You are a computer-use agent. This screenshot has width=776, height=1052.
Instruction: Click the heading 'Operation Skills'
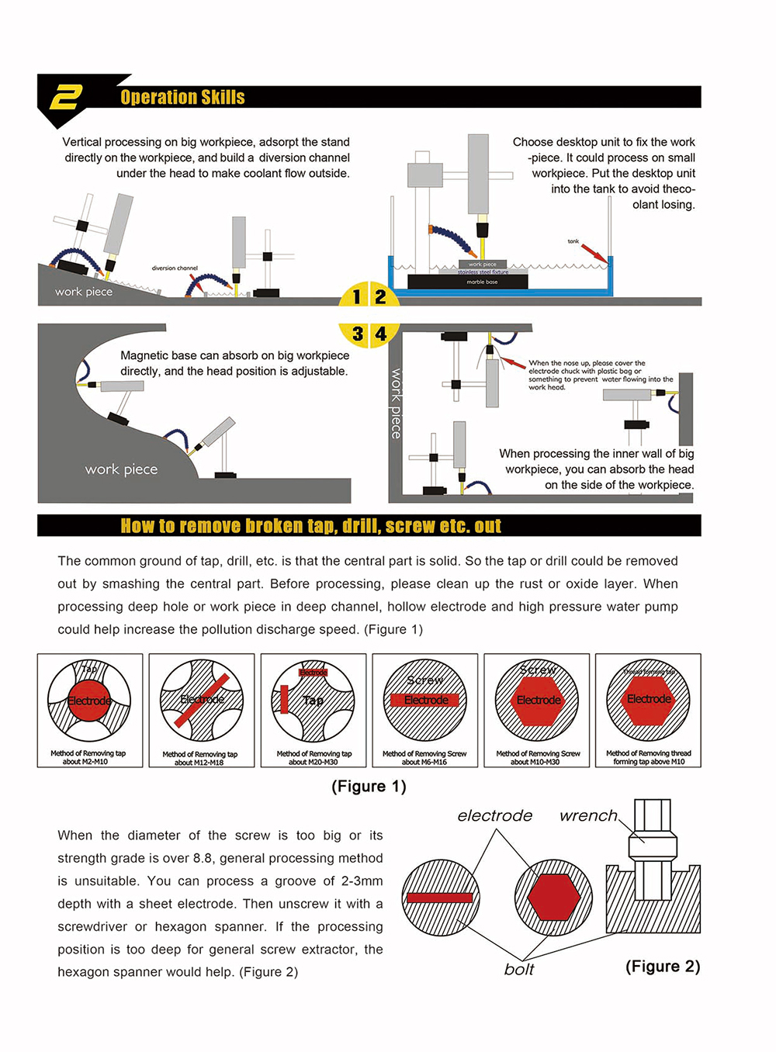point(182,97)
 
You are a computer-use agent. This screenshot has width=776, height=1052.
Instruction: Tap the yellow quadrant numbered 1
point(355,296)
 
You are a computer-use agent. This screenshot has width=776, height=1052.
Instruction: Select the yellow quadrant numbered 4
point(381,334)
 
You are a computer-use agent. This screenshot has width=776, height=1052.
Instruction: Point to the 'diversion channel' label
point(175,268)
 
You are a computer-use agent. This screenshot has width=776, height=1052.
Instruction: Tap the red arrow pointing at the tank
point(594,253)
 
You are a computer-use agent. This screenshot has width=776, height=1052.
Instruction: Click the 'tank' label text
point(573,241)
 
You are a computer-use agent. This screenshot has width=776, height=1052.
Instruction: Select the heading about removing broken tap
point(310,526)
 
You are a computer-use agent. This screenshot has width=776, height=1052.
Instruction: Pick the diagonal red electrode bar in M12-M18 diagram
point(201,700)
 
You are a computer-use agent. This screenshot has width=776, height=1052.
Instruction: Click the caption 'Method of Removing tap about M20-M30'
point(314,757)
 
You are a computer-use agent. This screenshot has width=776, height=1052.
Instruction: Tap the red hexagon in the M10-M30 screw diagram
point(539,700)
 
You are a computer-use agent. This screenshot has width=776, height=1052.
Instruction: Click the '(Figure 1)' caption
point(369,786)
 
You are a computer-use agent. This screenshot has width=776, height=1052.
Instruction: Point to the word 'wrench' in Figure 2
point(588,815)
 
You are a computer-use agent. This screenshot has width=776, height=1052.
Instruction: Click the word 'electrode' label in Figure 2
point(494,815)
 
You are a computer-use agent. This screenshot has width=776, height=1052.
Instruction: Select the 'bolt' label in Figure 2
point(518,969)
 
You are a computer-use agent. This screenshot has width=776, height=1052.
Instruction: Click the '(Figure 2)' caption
point(662,966)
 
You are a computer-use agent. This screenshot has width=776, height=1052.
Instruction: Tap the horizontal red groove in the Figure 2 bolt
point(439,898)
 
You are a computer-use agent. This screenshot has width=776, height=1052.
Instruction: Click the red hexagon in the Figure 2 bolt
point(553,898)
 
